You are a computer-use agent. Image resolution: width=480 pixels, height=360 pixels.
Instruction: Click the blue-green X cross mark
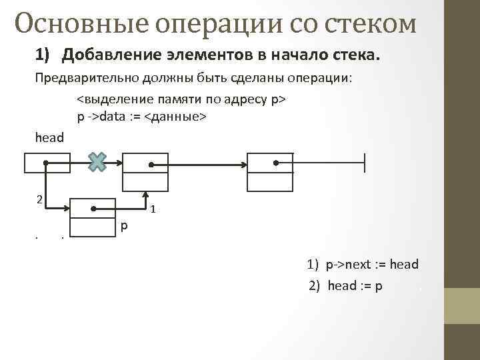pyautogui.click(x=98, y=161)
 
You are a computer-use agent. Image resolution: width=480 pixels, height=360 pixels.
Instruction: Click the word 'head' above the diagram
pyautogui.click(x=49, y=138)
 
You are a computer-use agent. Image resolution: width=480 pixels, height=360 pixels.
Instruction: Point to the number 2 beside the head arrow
pyautogui.click(x=40, y=199)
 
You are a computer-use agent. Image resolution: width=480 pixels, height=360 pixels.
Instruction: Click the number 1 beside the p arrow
pyautogui.click(x=153, y=210)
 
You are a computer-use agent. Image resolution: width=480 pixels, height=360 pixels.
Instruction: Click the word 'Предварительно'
pyautogui.click(x=86, y=77)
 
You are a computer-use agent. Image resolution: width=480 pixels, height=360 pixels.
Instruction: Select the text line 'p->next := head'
pyautogui.click(x=371, y=265)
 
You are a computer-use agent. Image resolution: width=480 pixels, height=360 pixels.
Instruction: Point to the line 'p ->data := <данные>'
pyautogui.click(x=142, y=117)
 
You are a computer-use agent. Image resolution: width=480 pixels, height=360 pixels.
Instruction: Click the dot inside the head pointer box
pyautogui.click(x=45, y=162)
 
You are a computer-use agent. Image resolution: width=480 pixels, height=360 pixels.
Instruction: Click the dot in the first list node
pyautogui.click(x=151, y=163)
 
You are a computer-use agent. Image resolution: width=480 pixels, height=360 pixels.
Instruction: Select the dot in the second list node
pyautogui.click(x=275, y=162)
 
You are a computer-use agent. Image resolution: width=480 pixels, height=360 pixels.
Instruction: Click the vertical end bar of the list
pyautogui.click(x=365, y=163)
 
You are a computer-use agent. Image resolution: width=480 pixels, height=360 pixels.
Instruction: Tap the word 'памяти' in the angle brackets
pyautogui.click(x=178, y=100)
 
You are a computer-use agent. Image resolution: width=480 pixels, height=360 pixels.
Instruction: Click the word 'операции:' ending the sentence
pyautogui.click(x=323, y=77)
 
